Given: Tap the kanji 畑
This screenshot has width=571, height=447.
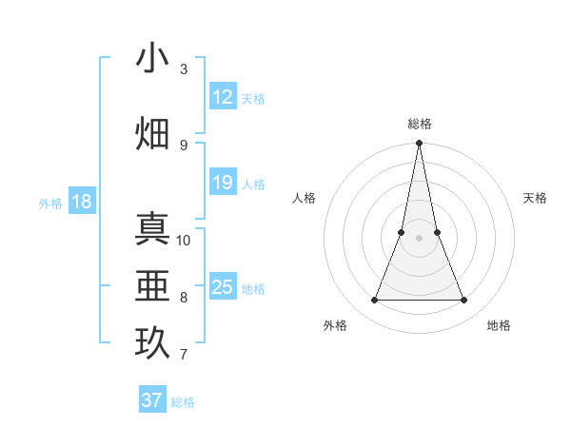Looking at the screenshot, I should tap(153, 132).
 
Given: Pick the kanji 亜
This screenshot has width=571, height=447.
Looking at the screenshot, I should tap(153, 285).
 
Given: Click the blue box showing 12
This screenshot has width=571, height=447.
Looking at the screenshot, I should tap(223, 97).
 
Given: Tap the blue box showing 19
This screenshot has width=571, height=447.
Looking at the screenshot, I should tap(223, 183).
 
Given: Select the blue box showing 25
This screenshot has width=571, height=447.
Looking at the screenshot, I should tap(223, 287).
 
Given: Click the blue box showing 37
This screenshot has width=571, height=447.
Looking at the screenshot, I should tap(152, 400).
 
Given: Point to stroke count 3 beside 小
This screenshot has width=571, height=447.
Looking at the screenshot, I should tap(184, 69).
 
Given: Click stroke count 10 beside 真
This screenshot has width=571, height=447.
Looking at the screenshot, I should tap(184, 240).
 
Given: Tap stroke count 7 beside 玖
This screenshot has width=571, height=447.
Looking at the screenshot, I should tap(184, 355).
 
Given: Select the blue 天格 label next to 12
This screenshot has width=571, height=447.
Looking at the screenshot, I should tap(253, 98).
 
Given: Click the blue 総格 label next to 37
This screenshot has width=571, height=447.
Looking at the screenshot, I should tap(183, 401).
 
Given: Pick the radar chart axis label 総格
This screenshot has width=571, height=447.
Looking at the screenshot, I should tap(419, 124).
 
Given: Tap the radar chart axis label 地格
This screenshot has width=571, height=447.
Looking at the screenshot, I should tap(499, 325).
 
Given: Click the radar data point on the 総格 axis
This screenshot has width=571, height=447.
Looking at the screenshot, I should tap(419, 144).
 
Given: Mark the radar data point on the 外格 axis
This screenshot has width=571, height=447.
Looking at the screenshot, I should tap(374, 301).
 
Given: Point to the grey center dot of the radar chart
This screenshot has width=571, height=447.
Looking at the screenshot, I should tap(419, 238).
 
